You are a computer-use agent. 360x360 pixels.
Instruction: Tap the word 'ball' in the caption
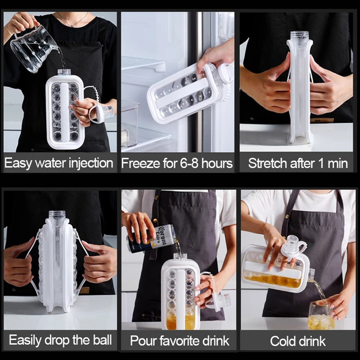[103, 340]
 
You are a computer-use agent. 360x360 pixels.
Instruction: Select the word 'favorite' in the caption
[176, 341]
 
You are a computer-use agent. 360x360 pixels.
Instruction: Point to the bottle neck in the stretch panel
[300, 36]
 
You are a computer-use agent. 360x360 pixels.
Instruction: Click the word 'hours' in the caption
[217, 163]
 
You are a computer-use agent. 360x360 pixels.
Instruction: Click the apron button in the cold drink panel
[287, 216]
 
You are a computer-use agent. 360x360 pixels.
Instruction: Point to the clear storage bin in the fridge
[130, 124]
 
